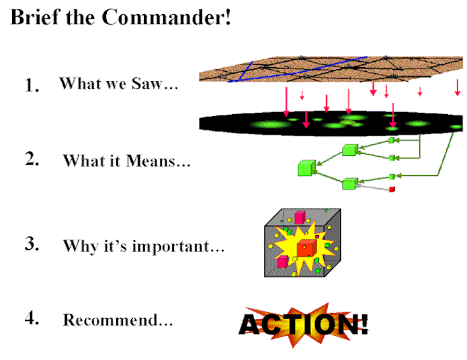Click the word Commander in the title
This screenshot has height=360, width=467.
point(166,17)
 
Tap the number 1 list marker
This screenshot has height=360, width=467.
point(32,85)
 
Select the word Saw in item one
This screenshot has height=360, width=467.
point(146,83)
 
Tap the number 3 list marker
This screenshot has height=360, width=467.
point(32,244)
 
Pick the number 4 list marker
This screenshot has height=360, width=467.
point(32,318)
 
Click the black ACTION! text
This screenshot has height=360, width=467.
point(304,324)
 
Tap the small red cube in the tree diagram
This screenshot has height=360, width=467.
point(392,189)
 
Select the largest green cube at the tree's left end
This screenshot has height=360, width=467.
point(307,168)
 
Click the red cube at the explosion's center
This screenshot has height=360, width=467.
point(306,248)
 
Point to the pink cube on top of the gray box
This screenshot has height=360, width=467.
point(300,218)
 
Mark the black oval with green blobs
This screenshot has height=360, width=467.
point(331,124)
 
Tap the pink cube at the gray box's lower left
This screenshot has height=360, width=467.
point(283,262)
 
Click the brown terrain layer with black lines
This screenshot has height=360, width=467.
point(331,69)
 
